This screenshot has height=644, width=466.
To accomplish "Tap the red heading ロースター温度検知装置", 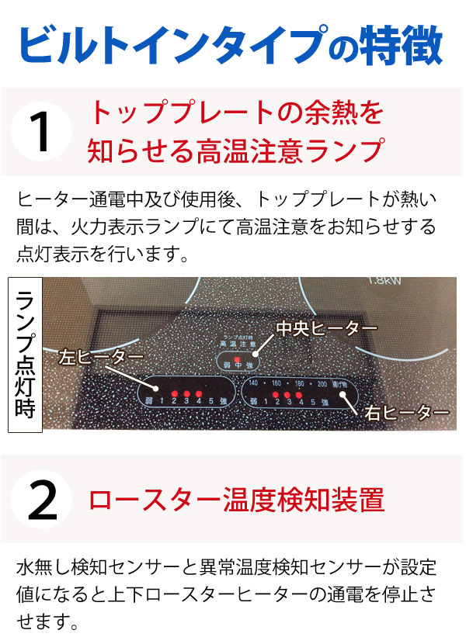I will pyautogui.click(x=237, y=500).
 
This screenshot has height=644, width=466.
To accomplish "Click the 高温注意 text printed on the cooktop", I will pyautogui.click(x=238, y=342).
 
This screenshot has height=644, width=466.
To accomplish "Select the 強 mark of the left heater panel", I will pyautogui.click(x=224, y=400).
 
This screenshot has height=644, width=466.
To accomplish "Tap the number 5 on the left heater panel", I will pyautogui.click(x=210, y=400).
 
